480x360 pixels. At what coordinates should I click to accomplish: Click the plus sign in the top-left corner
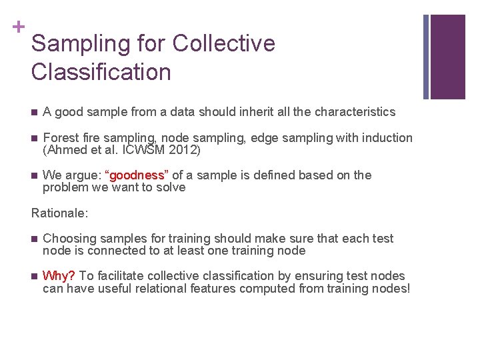click(x=17, y=27)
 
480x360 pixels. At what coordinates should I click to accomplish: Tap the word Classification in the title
click(x=101, y=72)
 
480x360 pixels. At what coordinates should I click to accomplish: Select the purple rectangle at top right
click(x=447, y=57)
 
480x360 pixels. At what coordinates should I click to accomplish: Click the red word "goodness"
click(x=136, y=175)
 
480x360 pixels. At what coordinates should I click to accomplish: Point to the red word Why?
click(x=59, y=276)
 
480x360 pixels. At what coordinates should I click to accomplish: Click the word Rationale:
click(x=59, y=213)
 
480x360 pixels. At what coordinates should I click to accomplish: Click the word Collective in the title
click(x=223, y=44)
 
